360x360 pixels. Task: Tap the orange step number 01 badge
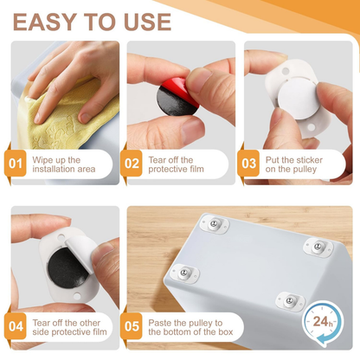click(16, 163)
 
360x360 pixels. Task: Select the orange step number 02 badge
click(132, 163)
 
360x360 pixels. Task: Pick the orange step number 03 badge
click(249, 163)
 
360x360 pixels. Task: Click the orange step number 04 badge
click(16, 328)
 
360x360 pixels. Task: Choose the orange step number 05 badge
click(132, 328)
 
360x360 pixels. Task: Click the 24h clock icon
click(325, 321)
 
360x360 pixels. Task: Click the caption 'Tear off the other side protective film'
click(65, 328)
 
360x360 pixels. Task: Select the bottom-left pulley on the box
click(183, 274)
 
